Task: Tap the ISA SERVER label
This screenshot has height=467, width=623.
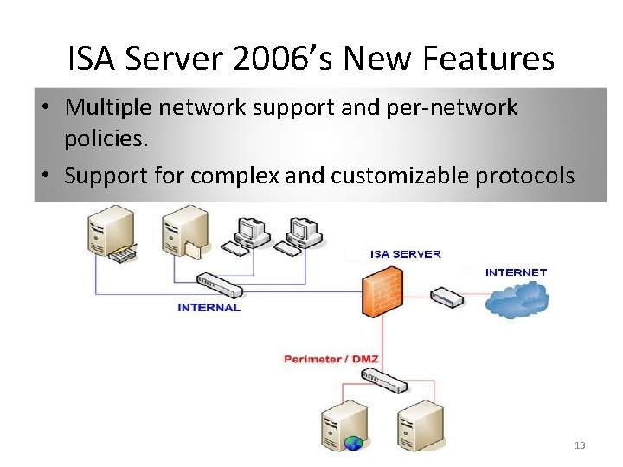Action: (x=405, y=254)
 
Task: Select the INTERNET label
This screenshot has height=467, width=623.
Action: (x=516, y=272)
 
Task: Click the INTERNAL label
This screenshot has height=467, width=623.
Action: (x=209, y=307)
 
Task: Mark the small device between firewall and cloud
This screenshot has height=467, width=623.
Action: (x=446, y=297)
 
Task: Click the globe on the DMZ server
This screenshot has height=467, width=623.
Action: (x=353, y=443)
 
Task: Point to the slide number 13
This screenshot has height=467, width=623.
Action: (x=580, y=445)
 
